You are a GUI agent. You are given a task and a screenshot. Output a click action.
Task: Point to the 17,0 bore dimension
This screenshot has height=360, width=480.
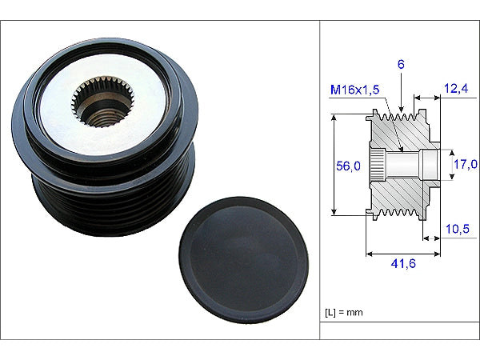coord(466,165)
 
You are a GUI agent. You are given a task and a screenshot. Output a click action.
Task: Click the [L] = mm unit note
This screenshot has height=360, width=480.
coord(345,313)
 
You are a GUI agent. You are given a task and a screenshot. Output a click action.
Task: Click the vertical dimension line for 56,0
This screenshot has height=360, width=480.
coord(334,192)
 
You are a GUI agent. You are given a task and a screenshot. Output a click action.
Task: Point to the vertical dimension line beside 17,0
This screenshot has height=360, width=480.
coord(446,165)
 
